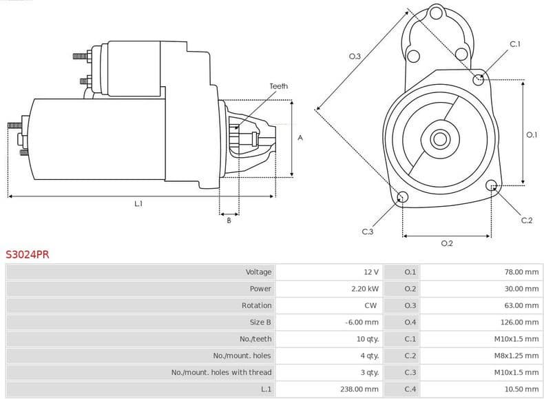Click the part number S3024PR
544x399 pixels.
[28, 254]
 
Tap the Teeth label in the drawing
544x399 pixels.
[278, 86]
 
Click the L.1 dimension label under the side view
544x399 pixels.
[138, 204]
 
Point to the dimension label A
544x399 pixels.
[300, 138]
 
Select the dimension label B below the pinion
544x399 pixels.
[229, 220]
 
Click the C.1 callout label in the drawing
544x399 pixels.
[514, 45]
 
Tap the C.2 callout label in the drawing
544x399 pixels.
[527, 221]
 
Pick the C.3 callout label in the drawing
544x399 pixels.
[367, 232]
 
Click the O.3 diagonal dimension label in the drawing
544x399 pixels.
[355, 57]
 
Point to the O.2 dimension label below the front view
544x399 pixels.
[446, 243]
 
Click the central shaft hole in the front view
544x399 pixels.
[439, 139]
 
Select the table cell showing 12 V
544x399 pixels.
[371, 272]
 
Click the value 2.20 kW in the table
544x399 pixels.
[364, 289]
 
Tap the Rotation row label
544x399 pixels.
[256, 305]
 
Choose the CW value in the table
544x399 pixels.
[370, 305]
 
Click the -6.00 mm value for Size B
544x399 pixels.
[362, 322]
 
